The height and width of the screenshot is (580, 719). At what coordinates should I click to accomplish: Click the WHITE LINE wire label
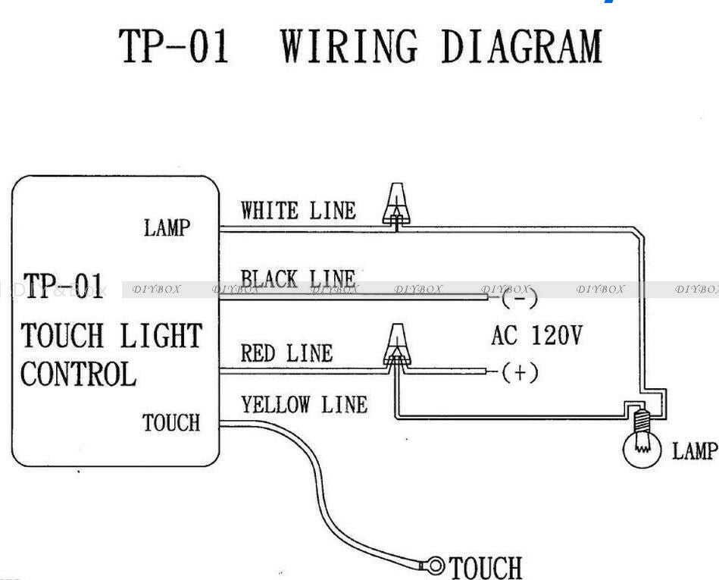(298, 211)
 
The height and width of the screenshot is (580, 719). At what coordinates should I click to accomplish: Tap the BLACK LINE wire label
(298, 278)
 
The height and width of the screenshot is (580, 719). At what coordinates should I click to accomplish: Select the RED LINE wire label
(286, 353)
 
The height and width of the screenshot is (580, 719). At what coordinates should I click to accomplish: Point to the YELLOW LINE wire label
(304, 405)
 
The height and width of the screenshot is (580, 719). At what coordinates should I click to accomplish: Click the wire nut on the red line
(397, 344)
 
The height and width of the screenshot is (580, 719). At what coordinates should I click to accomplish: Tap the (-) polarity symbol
(519, 298)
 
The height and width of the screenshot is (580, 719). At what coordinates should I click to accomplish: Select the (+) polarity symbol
(520, 372)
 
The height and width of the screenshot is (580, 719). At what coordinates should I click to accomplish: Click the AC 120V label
(536, 335)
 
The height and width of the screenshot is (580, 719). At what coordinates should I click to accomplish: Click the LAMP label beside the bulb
(694, 450)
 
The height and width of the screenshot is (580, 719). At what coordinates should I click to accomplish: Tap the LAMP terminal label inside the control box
(167, 227)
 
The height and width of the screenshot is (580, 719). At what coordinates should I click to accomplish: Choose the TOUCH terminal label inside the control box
(171, 422)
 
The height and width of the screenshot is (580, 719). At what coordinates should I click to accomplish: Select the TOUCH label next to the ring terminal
(486, 568)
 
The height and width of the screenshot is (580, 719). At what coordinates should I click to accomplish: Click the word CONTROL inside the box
(78, 374)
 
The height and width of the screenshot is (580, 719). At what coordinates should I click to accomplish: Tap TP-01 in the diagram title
(173, 46)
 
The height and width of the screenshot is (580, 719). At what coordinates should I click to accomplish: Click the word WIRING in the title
(349, 46)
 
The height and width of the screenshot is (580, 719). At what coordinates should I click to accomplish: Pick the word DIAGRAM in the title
(522, 46)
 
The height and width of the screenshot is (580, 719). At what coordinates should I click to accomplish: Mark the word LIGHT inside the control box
(161, 335)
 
